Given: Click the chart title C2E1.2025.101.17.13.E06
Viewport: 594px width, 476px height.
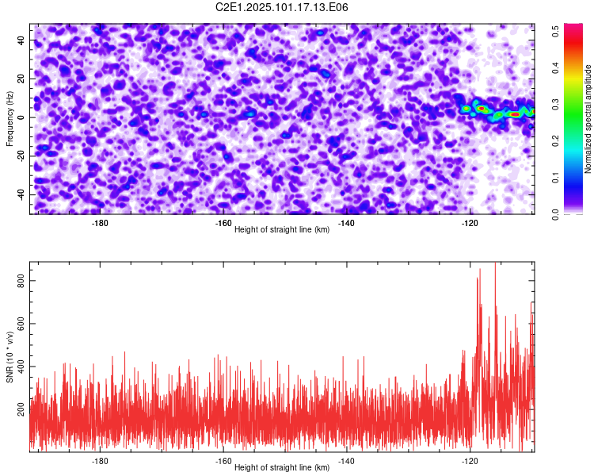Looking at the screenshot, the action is click(281, 7).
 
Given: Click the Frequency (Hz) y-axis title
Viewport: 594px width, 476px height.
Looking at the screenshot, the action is click(10, 119).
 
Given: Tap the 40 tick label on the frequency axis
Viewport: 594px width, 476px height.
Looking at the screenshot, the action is click(21, 40).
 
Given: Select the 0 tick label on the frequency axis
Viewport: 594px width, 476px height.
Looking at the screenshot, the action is click(21, 117).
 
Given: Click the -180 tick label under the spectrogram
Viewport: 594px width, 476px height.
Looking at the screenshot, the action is click(100, 223).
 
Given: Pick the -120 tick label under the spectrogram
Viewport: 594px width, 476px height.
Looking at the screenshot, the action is click(470, 223).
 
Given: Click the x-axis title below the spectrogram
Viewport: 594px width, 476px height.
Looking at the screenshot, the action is click(282, 229).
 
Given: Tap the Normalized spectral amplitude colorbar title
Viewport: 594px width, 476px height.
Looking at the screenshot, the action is click(588, 119).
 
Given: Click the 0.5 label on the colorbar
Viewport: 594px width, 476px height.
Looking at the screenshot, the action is click(555, 31).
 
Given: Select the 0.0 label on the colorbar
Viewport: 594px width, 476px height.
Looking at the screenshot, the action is click(555, 214).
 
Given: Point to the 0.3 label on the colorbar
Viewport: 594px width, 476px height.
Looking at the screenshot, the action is click(555, 105).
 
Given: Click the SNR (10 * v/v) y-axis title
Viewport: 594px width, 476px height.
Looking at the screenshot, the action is click(10, 357).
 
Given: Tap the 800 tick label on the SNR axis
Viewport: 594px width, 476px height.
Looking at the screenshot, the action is click(21, 281).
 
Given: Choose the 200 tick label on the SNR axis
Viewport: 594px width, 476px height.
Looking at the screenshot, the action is click(21, 409).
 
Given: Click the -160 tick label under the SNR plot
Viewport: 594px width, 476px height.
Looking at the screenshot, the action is click(223, 461).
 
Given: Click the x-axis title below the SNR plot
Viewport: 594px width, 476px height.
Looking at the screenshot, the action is click(282, 467).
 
